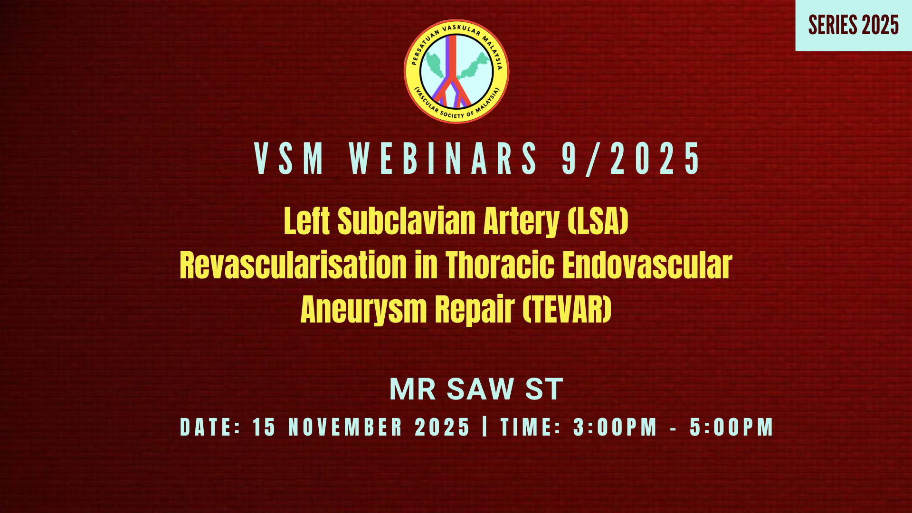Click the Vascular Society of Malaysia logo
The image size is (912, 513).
[x=456, y=71]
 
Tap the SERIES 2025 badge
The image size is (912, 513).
[x=854, y=25]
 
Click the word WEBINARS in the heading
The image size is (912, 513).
[x=443, y=159]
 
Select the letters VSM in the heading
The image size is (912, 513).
[x=289, y=159]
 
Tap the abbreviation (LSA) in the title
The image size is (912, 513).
[x=598, y=221]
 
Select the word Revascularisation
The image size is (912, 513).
[x=293, y=265]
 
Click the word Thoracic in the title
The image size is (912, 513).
[x=500, y=265]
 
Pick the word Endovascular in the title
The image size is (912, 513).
[x=647, y=265]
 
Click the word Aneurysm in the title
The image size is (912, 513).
[x=364, y=310]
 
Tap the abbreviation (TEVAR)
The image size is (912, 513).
[x=567, y=310]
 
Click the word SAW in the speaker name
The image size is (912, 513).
[x=481, y=389]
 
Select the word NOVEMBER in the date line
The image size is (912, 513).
[x=345, y=427]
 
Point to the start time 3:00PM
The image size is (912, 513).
[x=615, y=427]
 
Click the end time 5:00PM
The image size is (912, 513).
[x=731, y=427]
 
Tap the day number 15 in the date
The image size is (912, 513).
[x=264, y=427]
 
